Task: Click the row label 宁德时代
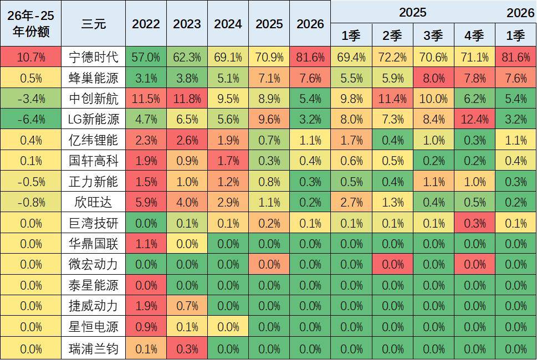pos(93,57)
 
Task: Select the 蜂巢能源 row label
pos(93,78)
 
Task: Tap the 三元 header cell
pos(93,24)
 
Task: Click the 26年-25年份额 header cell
pos(31,24)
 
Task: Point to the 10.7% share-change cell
pos(31,57)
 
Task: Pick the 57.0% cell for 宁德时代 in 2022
pos(146,57)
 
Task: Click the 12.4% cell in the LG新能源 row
pos(474,120)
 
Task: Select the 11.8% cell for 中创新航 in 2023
pos(187,99)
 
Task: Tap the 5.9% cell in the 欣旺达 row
pos(146,203)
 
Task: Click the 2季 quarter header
pos(392,36)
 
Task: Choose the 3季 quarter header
pos(433,36)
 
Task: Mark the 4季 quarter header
pos(474,36)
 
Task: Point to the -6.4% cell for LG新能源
pos(31,120)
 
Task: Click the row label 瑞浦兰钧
pos(93,348)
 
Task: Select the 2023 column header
pos(187,24)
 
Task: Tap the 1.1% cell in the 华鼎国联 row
pos(146,244)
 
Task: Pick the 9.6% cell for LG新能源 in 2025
pos(269,120)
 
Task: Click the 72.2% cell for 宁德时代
pos(392,57)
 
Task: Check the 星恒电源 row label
pos(93,327)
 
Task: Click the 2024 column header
pos(228,24)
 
